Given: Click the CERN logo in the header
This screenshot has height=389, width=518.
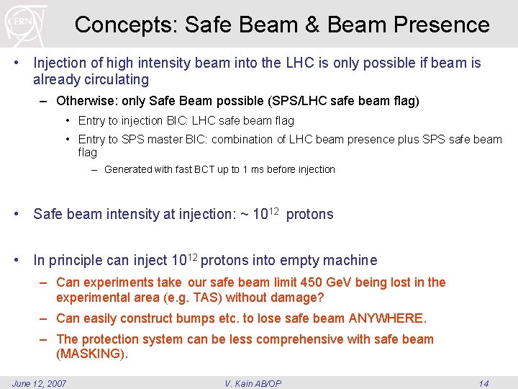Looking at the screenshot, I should pyautogui.click(x=26, y=24).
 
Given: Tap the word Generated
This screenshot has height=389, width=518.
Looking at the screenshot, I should pyautogui.click(x=128, y=169).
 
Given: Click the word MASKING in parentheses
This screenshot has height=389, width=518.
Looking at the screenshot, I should pyautogui.click(x=91, y=354).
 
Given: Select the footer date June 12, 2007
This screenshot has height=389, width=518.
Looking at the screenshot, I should pyautogui.click(x=40, y=383).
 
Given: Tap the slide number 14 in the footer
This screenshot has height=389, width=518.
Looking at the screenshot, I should pyautogui.click(x=483, y=383).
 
